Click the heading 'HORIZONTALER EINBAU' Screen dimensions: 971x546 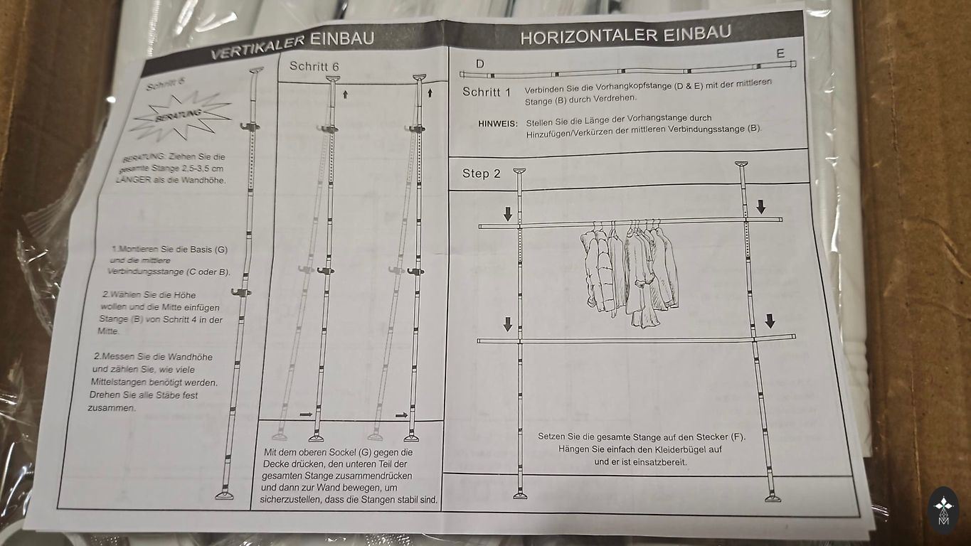point(625,34)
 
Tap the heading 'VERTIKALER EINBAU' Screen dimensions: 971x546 point(292,45)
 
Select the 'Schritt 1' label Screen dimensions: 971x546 point(487,92)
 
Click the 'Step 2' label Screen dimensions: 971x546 point(481,173)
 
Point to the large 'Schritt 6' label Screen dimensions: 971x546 point(314,66)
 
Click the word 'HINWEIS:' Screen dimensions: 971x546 point(498,124)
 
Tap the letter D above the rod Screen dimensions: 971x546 point(480,64)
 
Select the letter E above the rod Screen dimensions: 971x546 point(780,54)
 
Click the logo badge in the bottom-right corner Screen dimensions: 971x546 point(943,510)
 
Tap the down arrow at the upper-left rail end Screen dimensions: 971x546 point(508,213)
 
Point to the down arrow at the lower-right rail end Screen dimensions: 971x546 point(770,321)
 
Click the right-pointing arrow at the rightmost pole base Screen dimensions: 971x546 point(401,415)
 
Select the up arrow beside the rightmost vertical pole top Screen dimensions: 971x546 point(430,92)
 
